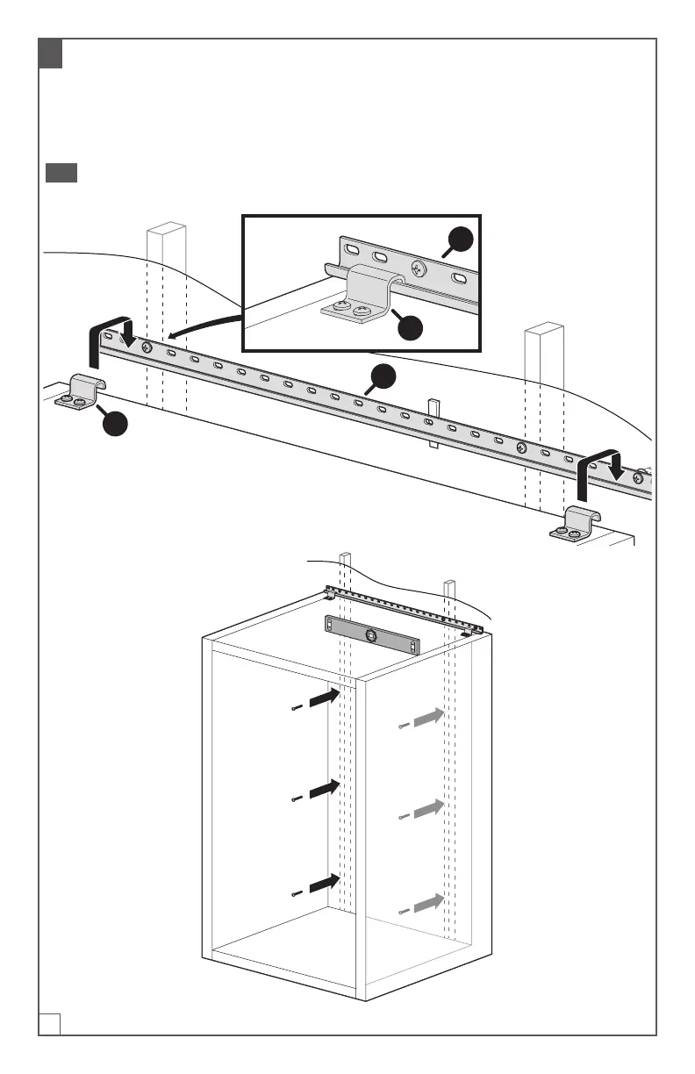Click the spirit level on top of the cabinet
point(372,634)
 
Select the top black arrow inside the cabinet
point(325,698)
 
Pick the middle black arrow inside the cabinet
point(325,788)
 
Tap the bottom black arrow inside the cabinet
point(325,883)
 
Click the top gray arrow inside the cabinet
point(428,717)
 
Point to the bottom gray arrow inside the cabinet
point(428,903)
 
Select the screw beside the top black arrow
point(297,708)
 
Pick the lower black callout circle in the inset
point(410,326)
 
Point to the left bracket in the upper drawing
point(79,391)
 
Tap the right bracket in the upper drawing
point(576,524)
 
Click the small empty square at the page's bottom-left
point(49,1023)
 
